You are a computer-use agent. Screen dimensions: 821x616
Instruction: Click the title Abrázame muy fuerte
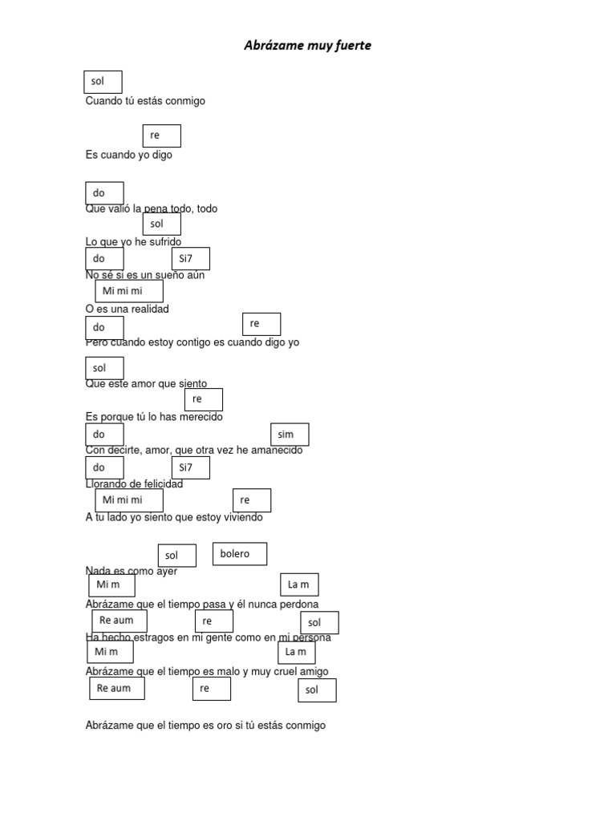coord(307,46)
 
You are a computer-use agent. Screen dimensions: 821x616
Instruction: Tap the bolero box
coord(239,554)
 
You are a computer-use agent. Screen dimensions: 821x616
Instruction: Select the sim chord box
coord(290,435)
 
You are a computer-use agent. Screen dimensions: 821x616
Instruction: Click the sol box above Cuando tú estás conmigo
coord(103,82)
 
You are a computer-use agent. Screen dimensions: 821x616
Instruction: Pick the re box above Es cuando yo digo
coord(161,136)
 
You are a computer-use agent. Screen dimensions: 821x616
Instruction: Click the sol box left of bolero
coord(176,556)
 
